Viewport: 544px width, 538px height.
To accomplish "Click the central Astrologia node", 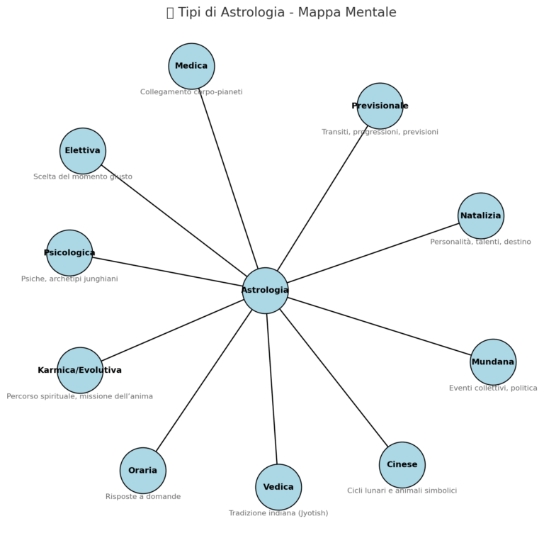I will pyautogui.click(x=265, y=291).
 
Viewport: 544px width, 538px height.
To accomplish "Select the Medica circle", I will pyautogui.click(x=191, y=67).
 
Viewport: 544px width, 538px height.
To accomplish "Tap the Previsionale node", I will pyautogui.click(x=380, y=106).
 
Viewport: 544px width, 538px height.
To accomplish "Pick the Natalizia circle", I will pyautogui.click(x=480, y=216).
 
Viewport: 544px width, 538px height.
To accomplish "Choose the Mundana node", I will pyautogui.click(x=493, y=362).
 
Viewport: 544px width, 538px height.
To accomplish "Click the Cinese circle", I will pyautogui.click(x=402, y=465).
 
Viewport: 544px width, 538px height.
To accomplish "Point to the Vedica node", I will pyautogui.click(x=278, y=487).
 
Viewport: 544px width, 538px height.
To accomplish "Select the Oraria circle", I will pyautogui.click(x=143, y=471).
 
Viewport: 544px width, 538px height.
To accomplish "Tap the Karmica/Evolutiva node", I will pyautogui.click(x=80, y=370).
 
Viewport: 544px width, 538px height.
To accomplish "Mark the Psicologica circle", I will pyautogui.click(x=69, y=253).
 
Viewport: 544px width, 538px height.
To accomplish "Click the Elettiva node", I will pyautogui.click(x=83, y=151).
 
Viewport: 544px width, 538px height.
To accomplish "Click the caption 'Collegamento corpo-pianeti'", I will pyautogui.click(x=191, y=92).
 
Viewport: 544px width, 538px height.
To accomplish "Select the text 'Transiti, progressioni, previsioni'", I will pyautogui.click(x=380, y=132).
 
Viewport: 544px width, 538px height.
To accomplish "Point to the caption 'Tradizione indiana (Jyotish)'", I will pyautogui.click(x=278, y=513).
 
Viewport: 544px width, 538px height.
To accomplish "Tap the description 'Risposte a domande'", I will pyautogui.click(x=143, y=497).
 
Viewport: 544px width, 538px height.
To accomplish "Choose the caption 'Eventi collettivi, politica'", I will pyautogui.click(x=493, y=388).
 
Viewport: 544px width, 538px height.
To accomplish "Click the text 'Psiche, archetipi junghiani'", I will pyautogui.click(x=69, y=279).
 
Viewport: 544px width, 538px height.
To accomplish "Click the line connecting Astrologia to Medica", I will pyautogui.click(x=228, y=177).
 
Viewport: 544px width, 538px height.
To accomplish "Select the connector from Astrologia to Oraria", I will pyautogui.click(x=204, y=381).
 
